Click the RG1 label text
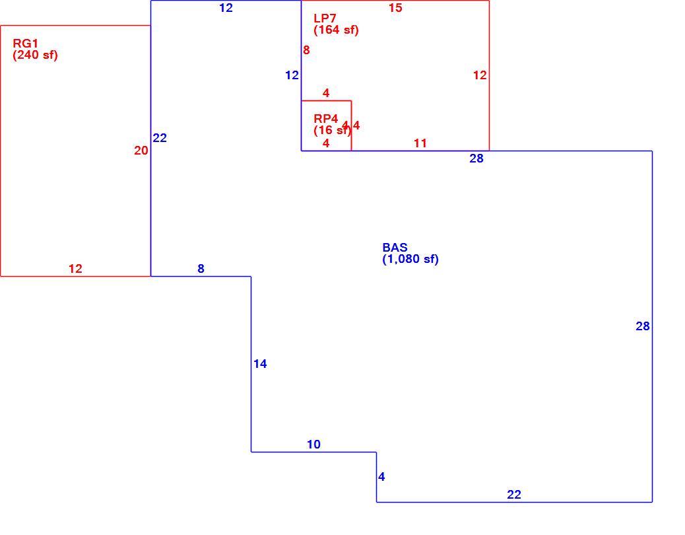point(25,44)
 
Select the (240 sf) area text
point(36,55)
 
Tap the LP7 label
point(325,18)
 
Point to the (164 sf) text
point(337,30)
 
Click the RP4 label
point(326,118)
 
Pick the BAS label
point(395,248)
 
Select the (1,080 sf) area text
point(410,259)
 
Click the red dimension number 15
point(395,8)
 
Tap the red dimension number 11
point(420,143)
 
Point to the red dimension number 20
point(141,151)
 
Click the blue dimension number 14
point(260,364)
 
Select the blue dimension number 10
point(313,445)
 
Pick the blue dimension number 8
point(201,269)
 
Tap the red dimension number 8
point(306,50)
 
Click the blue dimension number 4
point(381,477)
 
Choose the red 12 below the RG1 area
point(76,269)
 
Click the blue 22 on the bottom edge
point(514,494)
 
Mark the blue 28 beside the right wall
point(643,326)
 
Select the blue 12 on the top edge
point(226,8)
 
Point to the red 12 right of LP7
point(480,75)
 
